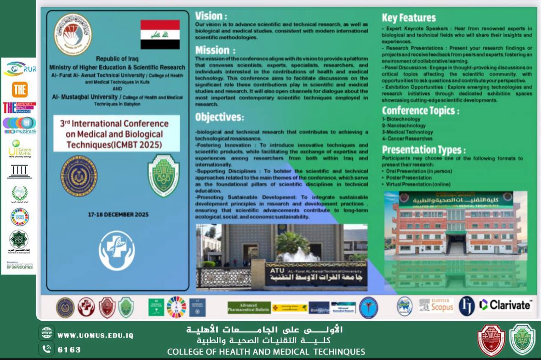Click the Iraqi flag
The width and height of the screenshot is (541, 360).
pyautogui.click(x=160, y=34)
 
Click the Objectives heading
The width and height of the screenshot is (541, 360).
pyautogui.click(x=219, y=117)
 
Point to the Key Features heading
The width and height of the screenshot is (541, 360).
pyautogui.click(x=409, y=18)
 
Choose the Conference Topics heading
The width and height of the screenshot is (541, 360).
pyautogui.click(x=420, y=111)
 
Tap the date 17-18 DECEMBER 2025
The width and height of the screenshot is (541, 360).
pyautogui.click(x=118, y=215)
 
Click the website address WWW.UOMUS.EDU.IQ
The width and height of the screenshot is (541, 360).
pyautogui.click(x=95, y=335)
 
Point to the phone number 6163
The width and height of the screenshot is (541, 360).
pyautogui.click(x=69, y=350)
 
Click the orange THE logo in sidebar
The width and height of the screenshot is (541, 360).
pyautogui.click(x=19, y=90)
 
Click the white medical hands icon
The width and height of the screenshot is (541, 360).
pyautogui.click(x=117, y=250)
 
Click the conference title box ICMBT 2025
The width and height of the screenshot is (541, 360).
pyautogui.click(x=116, y=134)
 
